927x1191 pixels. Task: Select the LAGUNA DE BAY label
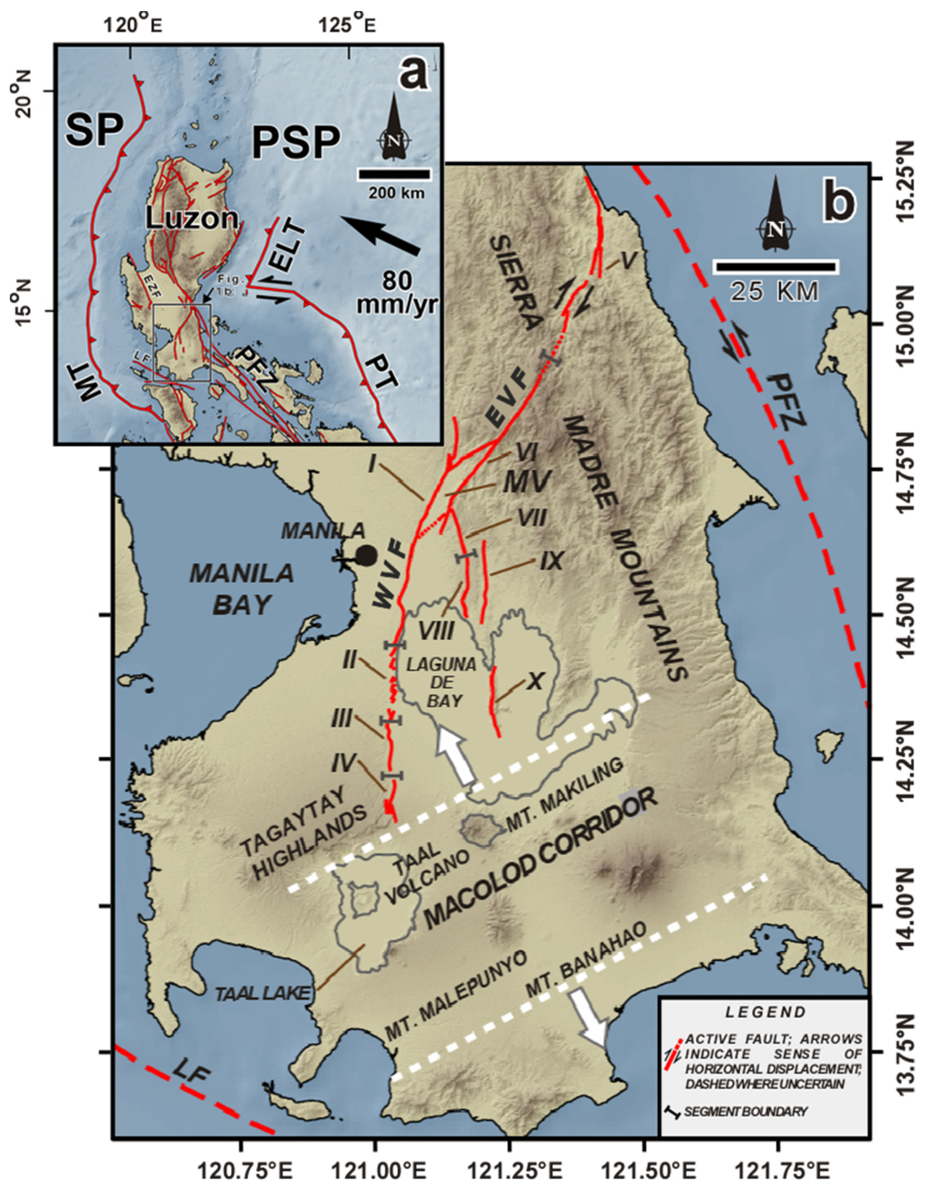(442, 682)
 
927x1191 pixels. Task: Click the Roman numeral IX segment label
(552, 561)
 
